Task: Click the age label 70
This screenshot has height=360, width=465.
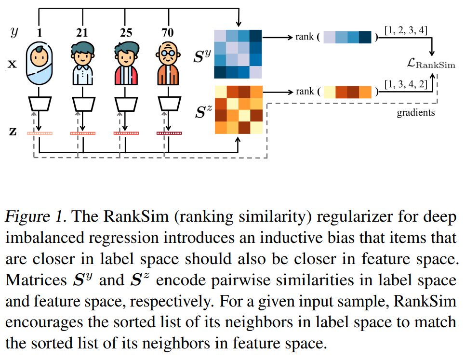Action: (x=169, y=33)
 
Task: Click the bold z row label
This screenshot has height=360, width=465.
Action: (x=13, y=132)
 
